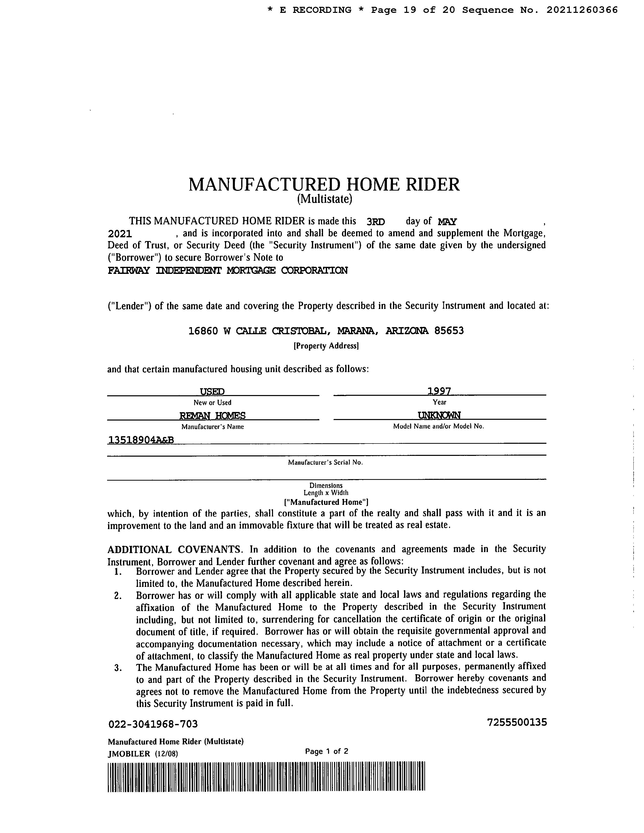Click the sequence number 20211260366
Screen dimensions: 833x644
[x=582, y=10]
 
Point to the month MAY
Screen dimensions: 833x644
[x=447, y=222]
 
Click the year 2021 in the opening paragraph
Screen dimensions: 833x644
[x=120, y=234]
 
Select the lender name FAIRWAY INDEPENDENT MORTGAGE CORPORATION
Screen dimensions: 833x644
[x=228, y=271]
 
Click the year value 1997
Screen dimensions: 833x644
[x=439, y=391]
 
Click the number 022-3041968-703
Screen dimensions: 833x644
[x=153, y=724]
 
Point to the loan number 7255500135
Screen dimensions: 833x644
[x=517, y=722]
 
